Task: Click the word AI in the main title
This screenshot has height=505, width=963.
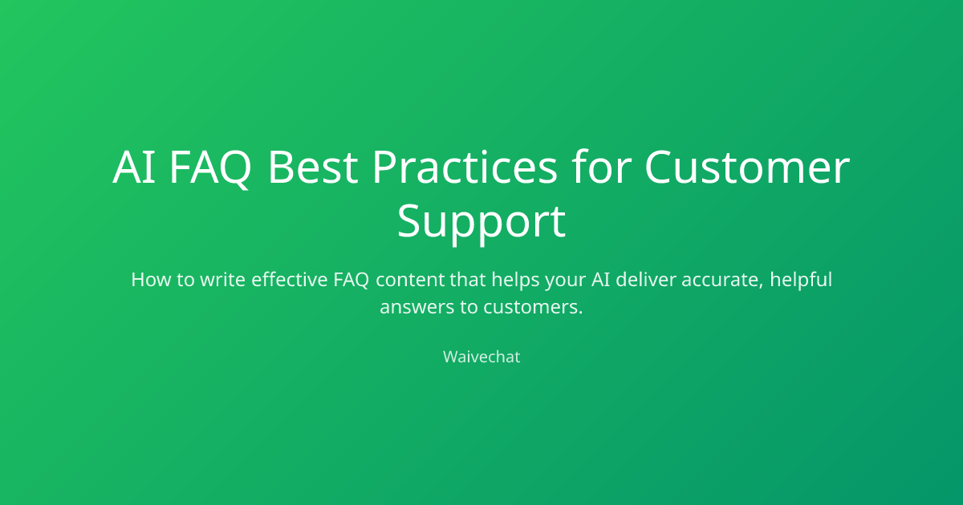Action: click(x=134, y=167)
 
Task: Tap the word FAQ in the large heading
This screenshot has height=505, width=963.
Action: click(x=210, y=168)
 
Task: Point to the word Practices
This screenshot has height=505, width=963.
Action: click(x=465, y=167)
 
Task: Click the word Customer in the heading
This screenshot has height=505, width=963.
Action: click(x=747, y=167)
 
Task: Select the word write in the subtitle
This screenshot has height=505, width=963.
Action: click(x=223, y=280)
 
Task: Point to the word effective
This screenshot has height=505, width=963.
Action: click(x=290, y=279)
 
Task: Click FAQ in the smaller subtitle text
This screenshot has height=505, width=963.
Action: click(x=351, y=280)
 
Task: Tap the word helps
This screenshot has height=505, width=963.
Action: click(x=515, y=280)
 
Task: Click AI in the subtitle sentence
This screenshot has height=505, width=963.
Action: click(x=600, y=280)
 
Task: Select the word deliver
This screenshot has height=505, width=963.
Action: click(x=646, y=279)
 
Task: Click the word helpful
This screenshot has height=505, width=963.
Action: click(x=801, y=280)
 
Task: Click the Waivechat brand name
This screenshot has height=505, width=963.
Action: click(x=481, y=357)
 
